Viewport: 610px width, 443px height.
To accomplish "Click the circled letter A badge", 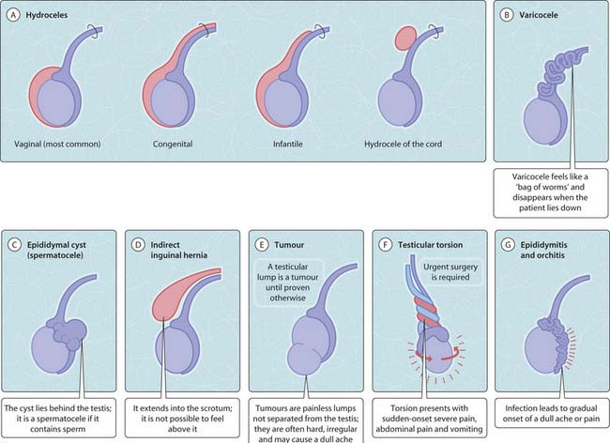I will point(14,17).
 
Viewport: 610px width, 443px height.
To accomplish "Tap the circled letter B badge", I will point(507,17).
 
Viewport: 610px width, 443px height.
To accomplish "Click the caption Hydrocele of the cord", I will point(405,144).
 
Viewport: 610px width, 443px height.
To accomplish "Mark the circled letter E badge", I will point(261,244).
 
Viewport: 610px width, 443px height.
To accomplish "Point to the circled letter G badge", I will point(508,244).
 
